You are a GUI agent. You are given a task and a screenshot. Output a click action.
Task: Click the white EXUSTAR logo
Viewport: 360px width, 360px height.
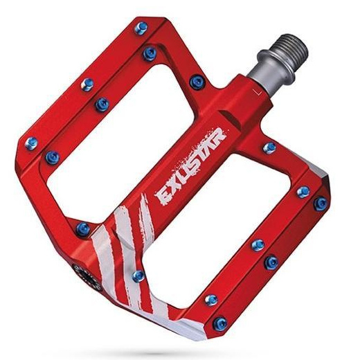[x=190, y=167]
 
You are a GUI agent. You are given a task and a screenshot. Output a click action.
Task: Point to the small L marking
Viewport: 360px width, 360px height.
[x=256, y=92]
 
